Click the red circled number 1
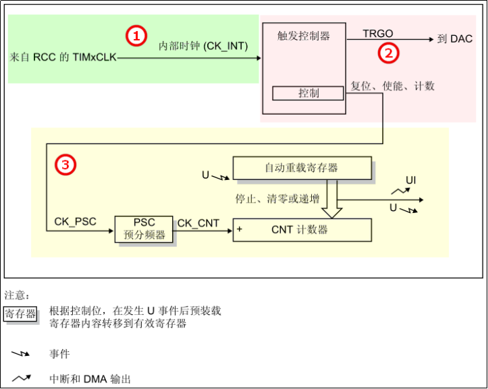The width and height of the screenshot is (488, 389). (136, 35)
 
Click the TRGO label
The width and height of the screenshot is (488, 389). (378, 34)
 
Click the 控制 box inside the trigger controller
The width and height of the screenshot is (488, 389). (308, 93)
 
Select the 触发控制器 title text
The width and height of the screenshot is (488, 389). (303, 36)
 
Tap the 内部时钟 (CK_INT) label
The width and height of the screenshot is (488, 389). (203, 47)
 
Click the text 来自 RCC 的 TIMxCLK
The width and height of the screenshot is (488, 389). (63, 58)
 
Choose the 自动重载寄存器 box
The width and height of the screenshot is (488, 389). (301, 168)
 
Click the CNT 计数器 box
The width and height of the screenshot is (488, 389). (301, 230)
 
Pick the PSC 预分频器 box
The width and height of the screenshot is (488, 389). (144, 229)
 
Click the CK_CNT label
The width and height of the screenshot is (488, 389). (198, 223)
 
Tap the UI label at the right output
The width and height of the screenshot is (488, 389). (410, 181)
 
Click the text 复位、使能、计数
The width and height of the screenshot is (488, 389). (393, 86)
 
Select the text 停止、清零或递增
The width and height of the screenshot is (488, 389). (277, 200)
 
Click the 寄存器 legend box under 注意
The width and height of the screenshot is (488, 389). (21, 314)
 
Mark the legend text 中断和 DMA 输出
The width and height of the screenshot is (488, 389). (90, 378)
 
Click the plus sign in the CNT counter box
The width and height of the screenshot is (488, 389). (240, 230)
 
